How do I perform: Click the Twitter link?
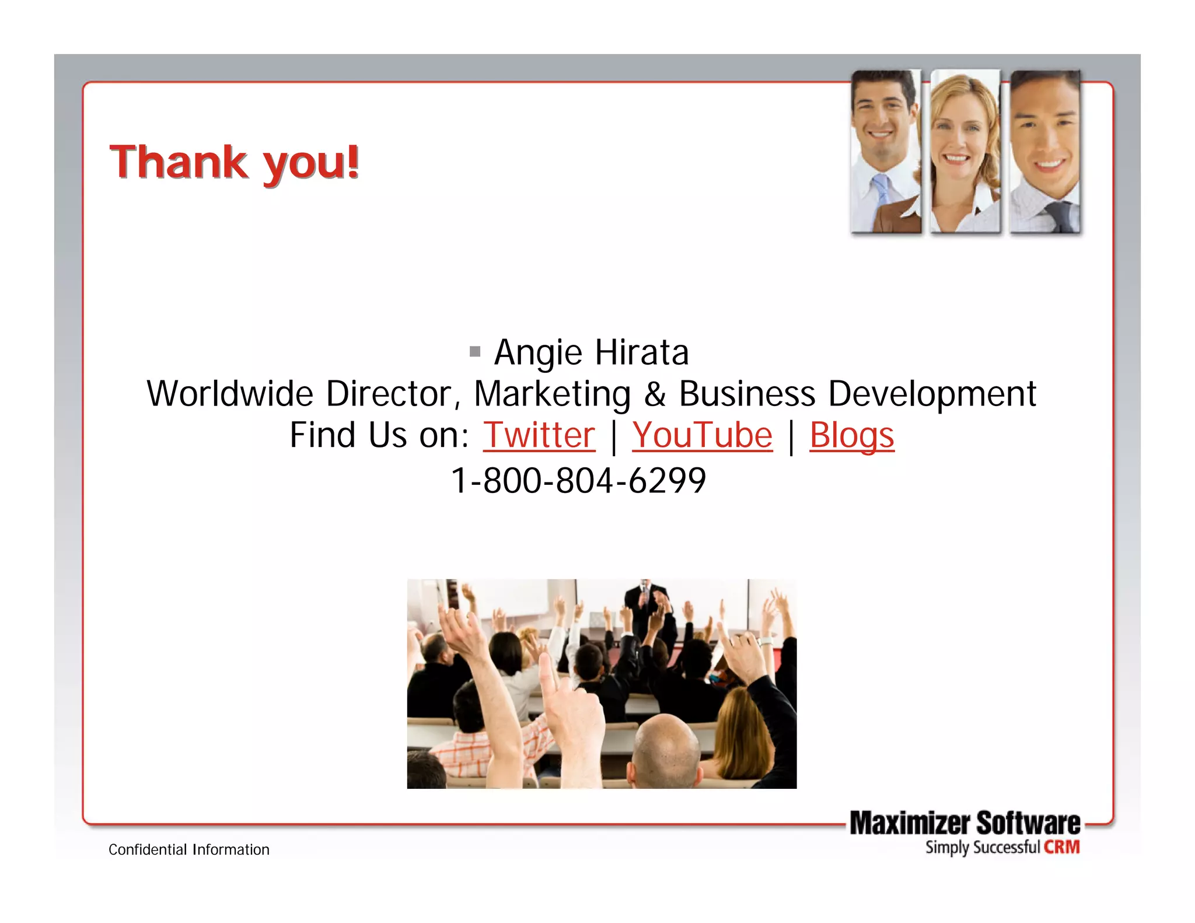539,435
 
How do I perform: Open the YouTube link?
702,435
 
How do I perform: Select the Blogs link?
851,435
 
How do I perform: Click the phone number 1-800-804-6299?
578,481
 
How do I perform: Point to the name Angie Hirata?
591,352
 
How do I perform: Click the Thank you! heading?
234,162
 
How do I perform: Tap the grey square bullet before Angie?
475,351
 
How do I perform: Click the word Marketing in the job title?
552,394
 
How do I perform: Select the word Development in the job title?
932,394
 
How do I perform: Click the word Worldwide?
230,394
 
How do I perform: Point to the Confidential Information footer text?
189,849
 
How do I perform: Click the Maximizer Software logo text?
965,823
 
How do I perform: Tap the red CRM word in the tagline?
1061,847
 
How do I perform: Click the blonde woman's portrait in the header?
965,152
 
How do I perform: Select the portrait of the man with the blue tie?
885,152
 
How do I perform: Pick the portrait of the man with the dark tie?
1045,152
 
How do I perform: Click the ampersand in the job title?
655,394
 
